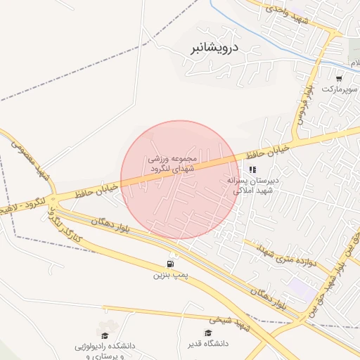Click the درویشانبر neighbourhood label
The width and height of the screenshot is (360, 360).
(215, 49)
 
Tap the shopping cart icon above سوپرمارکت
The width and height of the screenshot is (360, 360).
(339, 78)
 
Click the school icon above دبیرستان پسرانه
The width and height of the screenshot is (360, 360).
(252, 169)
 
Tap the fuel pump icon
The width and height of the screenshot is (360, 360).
(172, 264)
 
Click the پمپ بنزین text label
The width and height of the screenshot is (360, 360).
(172, 275)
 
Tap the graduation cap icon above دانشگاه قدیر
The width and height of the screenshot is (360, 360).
(207, 333)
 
